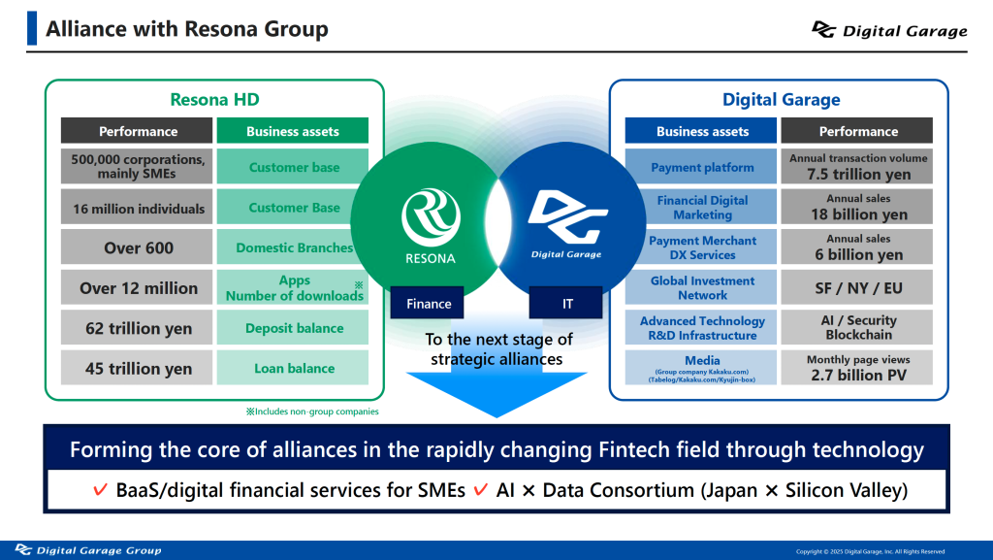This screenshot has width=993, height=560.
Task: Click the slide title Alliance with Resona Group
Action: (187, 29)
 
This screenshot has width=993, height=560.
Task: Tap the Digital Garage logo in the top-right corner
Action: (889, 30)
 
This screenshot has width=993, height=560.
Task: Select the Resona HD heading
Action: (214, 99)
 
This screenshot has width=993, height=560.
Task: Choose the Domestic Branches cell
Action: (293, 247)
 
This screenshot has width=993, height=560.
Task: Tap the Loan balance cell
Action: (293, 368)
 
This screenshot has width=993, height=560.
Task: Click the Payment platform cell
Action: (701, 167)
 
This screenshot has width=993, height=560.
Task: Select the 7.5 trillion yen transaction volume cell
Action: (857, 167)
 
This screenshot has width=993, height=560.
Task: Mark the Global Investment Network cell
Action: (701, 287)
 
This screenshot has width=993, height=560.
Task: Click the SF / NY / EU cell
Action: (857, 287)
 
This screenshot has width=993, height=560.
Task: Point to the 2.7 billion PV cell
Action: (857, 368)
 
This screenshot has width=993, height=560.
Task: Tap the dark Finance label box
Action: (429, 304)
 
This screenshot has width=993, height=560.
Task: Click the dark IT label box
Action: (567, 304)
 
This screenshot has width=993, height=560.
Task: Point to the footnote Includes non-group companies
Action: (311, 412)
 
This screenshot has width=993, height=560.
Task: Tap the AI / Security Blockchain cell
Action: (857, 327)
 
